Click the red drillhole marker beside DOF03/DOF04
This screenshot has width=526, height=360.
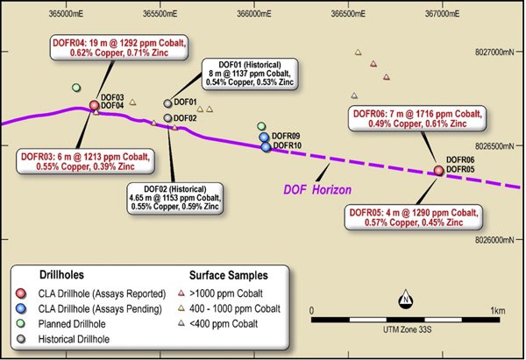pos(95,105)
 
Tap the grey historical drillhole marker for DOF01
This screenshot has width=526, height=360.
pos(167,103)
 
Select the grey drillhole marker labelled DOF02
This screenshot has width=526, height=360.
pos(167,118)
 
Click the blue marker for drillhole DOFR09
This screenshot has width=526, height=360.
pos(265,138)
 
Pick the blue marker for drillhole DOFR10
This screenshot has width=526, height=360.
pos(266,147)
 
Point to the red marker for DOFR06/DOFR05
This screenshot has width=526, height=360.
pos(439,170)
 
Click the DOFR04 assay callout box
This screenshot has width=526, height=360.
pos(119,47)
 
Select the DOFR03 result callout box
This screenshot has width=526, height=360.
pos(85,161)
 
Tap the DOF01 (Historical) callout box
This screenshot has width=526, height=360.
pos(250,74)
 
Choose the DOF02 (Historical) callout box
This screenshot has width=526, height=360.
pos(175,198)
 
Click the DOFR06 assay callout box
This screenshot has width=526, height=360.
pos(417,118)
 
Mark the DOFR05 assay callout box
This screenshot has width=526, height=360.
pos(414,217)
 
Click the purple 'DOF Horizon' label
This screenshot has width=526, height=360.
pos(317,190)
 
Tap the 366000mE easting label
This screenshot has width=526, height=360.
pos(254,14)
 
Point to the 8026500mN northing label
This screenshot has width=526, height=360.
pos(494,146)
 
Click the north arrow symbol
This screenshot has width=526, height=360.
pos(406,299)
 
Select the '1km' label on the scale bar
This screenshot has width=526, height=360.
pos(497,311)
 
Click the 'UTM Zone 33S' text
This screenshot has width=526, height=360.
pos(408,330)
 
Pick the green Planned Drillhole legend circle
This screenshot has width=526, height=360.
pos(21,323)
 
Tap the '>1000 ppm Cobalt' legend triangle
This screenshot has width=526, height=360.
pos(181,293)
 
